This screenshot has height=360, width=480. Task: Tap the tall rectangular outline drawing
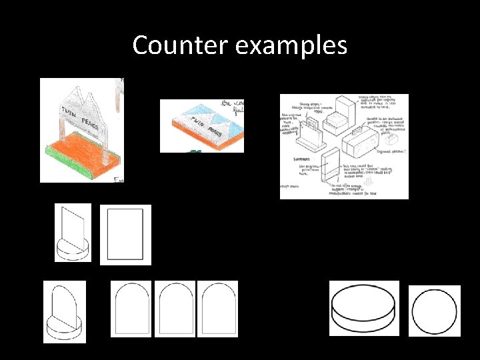pyautogui.click(x=125, y=235)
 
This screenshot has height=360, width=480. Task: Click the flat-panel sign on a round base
pyautogui.click(x=73, y=232)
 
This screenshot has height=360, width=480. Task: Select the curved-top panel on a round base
pyautogui.click(x=65, y=311)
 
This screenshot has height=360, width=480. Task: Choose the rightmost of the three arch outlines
pyautogui.click(x=217, y=308)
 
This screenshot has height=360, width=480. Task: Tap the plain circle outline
pyautogui.click(x=434, y=311)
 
